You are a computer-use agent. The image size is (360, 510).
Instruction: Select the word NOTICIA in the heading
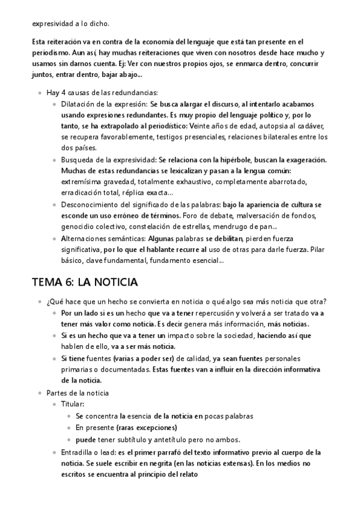(x=117, y=281)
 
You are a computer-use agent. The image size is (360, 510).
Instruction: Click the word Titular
(x=72, y=405)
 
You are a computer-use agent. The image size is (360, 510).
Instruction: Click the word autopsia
(x=272, y=126)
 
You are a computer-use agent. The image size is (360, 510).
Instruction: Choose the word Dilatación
(x=78, y=103)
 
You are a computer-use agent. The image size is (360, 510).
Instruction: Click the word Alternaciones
(x=84, y=238)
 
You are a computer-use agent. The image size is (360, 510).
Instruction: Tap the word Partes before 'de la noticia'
(x=57, y=393)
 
